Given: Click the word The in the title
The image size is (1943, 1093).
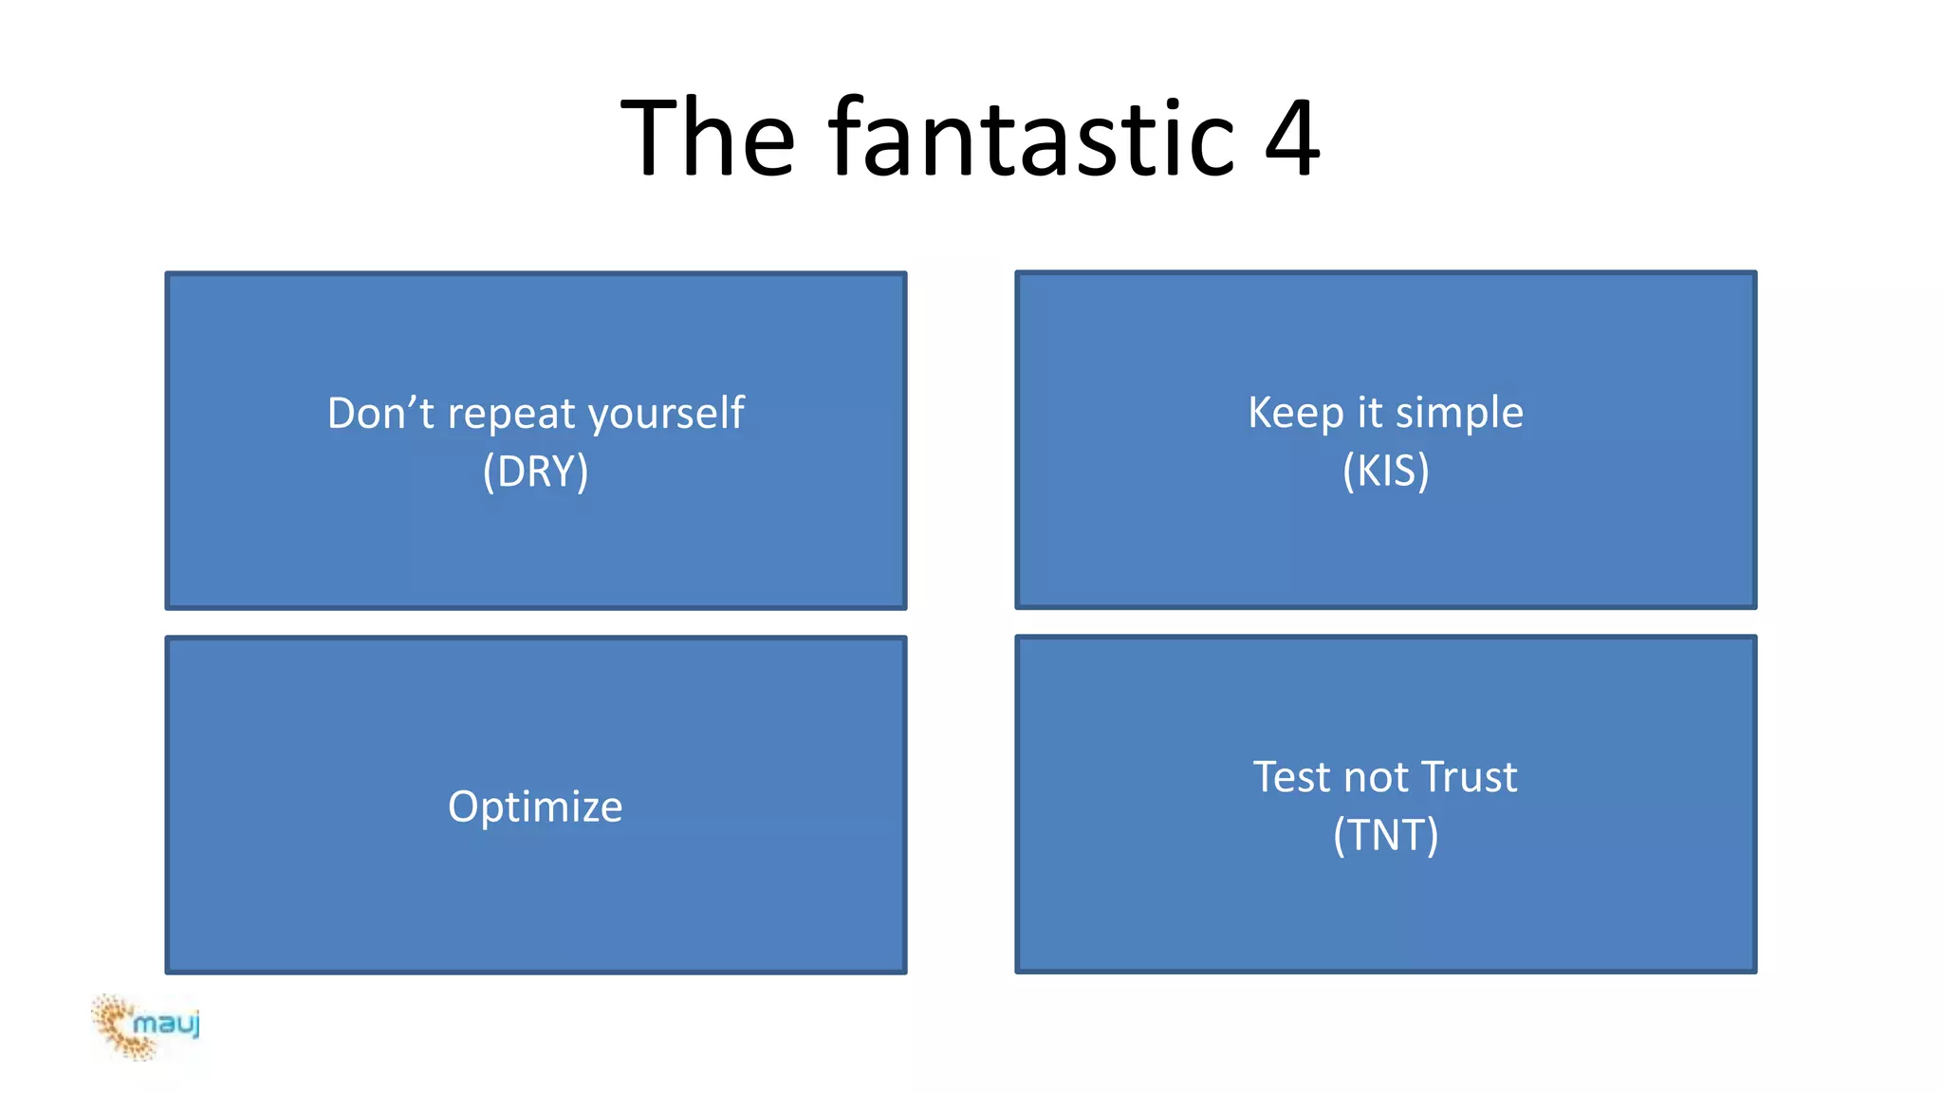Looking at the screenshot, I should tap(707, 139).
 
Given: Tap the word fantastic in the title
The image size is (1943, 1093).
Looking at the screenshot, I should tap(1031, 139).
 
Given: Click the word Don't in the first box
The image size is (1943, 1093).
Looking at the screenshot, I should tap(380, 413).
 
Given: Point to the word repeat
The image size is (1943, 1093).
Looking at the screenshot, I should tap(511, 415).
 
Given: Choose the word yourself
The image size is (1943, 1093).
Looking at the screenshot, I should tap(666, 415).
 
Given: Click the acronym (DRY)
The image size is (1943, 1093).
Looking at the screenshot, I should tap(535, 472).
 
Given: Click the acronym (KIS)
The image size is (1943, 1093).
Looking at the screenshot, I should tap(1385, 471).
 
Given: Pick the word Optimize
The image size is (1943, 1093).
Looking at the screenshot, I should tap(535, 807).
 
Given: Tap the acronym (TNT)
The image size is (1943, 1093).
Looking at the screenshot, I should tap(1385, 835).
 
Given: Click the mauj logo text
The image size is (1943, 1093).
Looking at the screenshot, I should tap(167, 1024).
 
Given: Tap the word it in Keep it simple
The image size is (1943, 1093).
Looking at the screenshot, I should tap(1369, 413).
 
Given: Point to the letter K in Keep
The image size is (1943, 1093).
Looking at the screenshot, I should tap(1259, 413).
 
